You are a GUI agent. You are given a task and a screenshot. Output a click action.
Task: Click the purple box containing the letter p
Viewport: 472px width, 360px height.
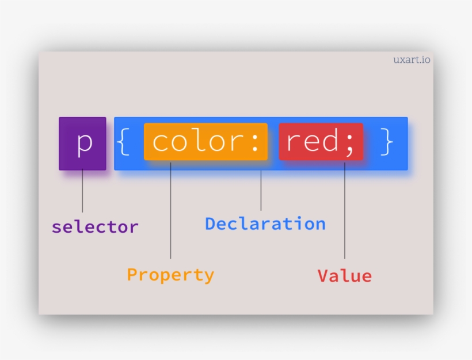[82, 143]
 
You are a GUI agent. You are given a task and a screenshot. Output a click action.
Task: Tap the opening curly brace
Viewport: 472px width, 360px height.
[123, 142]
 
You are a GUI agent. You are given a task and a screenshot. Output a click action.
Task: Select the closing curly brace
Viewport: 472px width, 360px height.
[387, 142]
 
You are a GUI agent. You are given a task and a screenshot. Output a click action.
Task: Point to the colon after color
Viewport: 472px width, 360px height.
[256, 142]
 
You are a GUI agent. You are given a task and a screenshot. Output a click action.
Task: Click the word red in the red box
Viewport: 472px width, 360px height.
[313, 142]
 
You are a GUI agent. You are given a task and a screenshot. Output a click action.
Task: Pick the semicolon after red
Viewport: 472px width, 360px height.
[350, 143]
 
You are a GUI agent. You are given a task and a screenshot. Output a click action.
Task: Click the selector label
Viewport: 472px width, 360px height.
[95, 227]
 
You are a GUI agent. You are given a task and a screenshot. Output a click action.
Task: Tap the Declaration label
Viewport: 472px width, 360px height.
[265, 223]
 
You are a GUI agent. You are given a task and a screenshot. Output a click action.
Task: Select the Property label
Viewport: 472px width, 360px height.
[170, 275]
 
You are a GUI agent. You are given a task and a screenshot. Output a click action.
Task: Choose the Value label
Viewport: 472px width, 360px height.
[345, 276]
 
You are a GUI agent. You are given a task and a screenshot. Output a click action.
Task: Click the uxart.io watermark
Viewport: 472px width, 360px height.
[412, 60]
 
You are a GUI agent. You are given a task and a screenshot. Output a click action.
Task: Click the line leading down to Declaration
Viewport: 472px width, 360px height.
[261, 190]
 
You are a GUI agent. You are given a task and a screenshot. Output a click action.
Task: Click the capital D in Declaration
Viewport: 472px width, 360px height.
[211, 223]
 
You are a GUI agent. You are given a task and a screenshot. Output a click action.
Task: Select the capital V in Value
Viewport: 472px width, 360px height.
[323, 276]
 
